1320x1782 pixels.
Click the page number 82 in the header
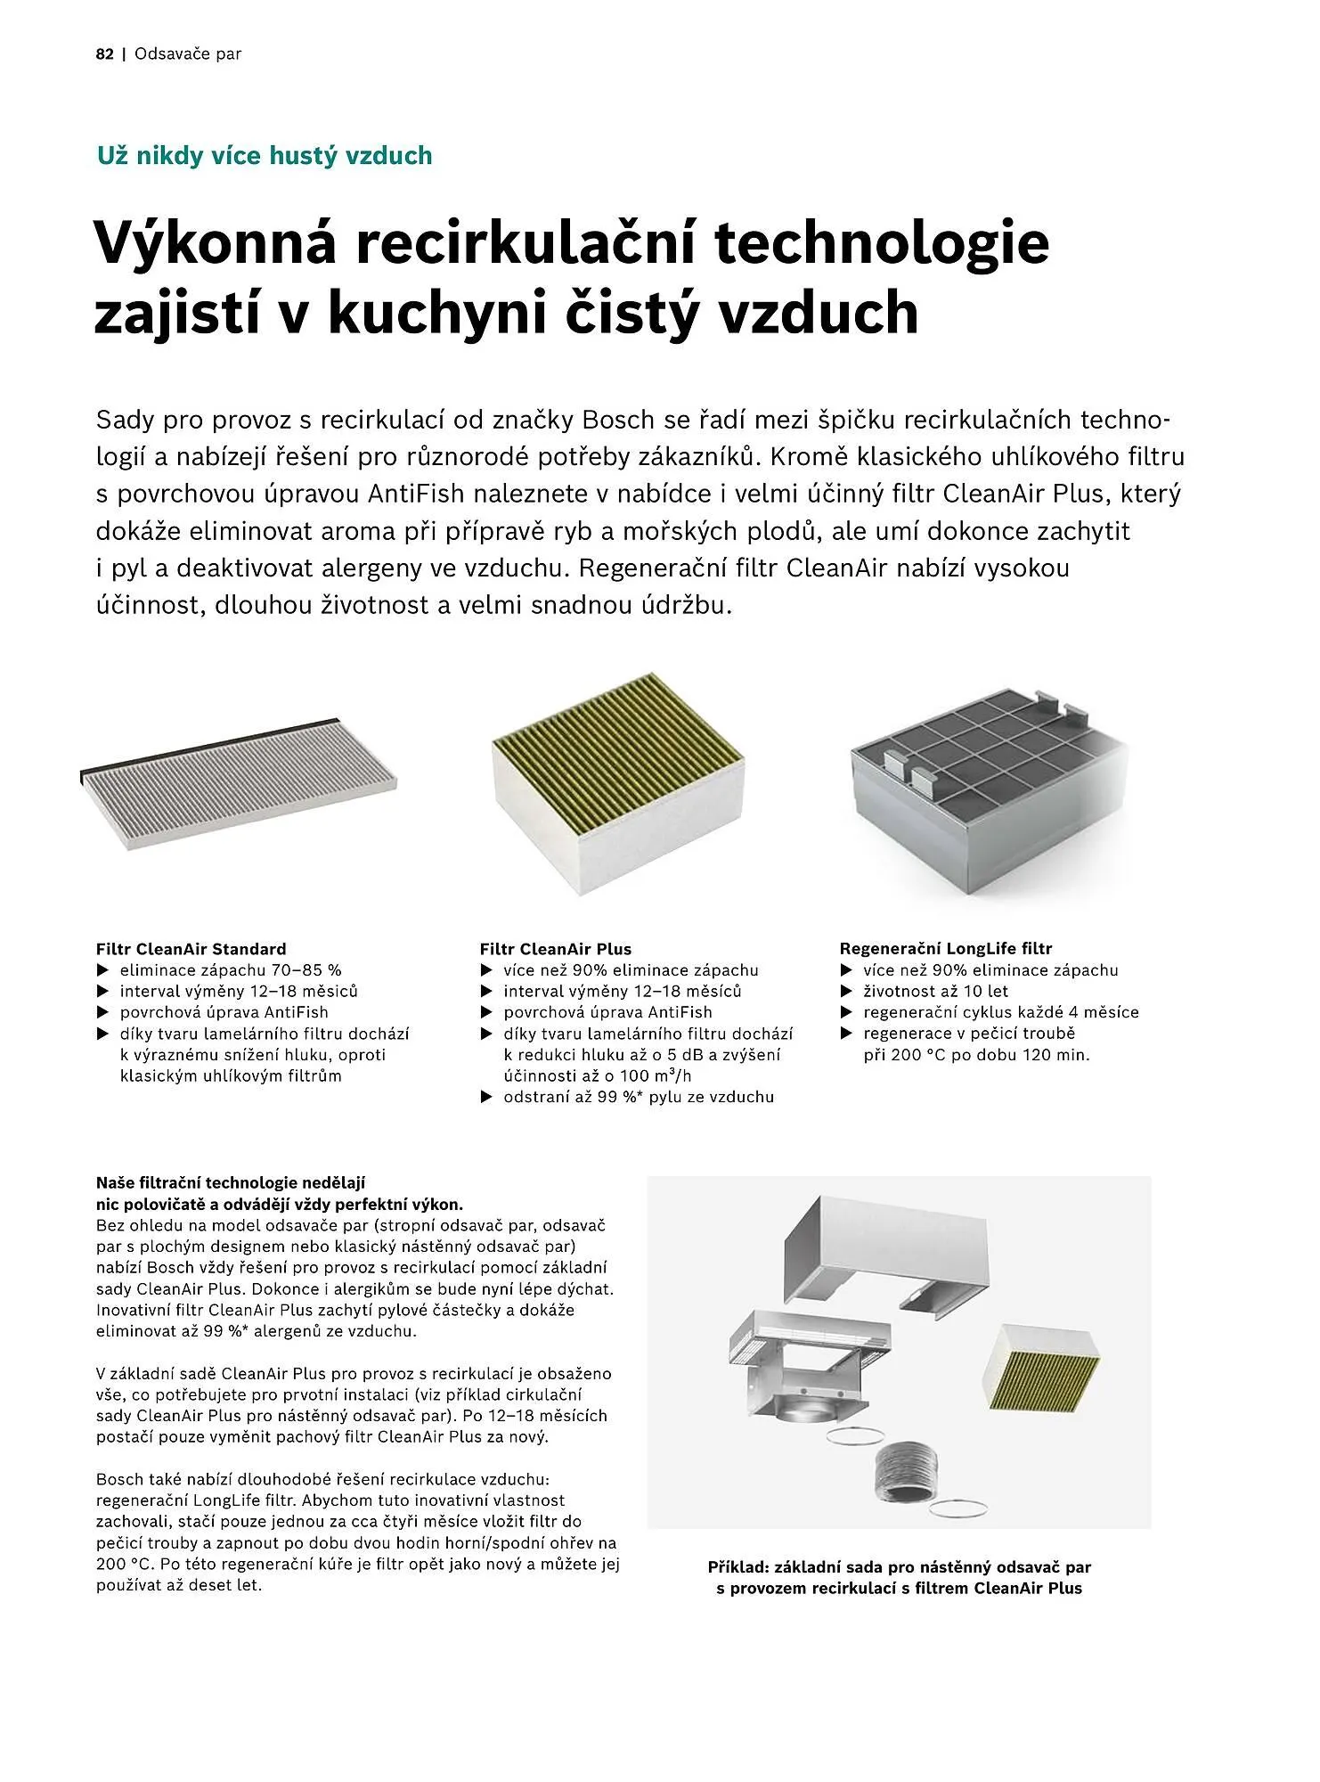tap(104, 54)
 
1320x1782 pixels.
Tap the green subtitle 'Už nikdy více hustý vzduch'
tap(264, 156)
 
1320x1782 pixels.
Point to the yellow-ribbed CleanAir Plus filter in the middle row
tap(617, 781)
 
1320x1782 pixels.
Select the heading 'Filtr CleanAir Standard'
tap(191, 949)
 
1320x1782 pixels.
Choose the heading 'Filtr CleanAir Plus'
tap(555, 949)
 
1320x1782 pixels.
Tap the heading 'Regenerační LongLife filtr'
tap(945, 949)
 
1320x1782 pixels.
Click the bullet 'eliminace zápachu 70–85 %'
tap(230, 970)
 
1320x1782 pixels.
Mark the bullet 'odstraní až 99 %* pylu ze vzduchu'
tap(638, 1097)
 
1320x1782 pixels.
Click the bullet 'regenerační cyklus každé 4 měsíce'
tap(1000, 1012)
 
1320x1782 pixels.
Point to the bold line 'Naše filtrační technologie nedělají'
tap(231, 1183)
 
